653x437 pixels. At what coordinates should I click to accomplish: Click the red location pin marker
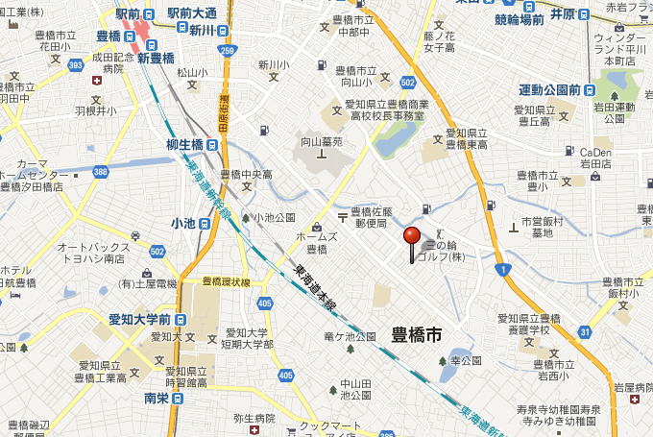coord(412,237)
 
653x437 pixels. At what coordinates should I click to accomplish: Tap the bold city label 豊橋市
coord(417,335)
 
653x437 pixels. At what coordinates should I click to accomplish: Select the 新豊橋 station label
coord(156,58)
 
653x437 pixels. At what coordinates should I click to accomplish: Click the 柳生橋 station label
coord(184,145)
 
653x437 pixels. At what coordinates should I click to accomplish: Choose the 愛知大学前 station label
coord(139,319)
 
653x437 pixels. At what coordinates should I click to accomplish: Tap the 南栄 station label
coord(157,398)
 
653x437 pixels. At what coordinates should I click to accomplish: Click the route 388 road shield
coord(100,171)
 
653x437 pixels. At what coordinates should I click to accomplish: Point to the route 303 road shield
coord(76,64)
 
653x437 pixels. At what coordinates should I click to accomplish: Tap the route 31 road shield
coord(584,332)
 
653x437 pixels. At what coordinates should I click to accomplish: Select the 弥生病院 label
coord(254,419)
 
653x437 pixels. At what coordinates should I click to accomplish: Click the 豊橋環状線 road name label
coord(227,282)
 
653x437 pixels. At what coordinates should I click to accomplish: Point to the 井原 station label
coord(564,14)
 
